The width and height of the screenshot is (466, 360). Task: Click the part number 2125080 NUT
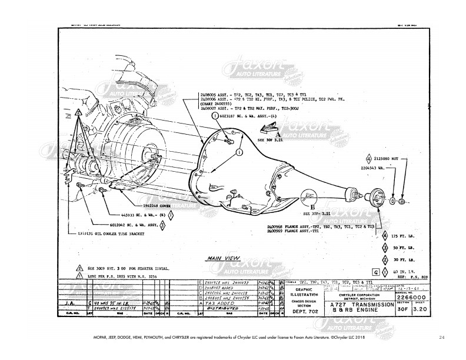386,158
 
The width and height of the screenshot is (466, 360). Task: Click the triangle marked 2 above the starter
78,112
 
